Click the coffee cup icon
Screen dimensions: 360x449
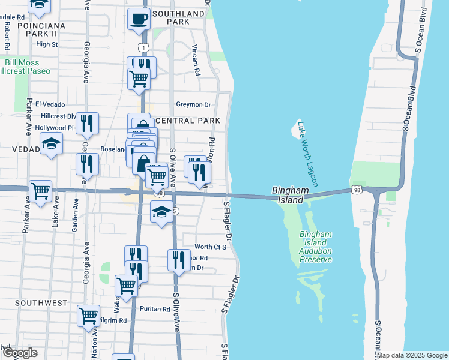(x=139, y=19)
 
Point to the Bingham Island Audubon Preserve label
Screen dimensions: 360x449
(x=315, y=247)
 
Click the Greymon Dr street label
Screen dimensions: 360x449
(x=194, y=104)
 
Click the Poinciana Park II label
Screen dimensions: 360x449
(x=41, y=26)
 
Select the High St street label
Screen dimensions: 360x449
(x=46, y=44)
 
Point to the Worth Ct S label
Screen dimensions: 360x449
(x=210, y=247)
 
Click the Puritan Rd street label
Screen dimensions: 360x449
(x=154, y=309)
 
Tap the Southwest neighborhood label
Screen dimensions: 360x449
(x=41, y=303)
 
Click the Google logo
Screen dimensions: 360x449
(x=19, y=353)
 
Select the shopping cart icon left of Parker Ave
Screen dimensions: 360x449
(x=40, y=192)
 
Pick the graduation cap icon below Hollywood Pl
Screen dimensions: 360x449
(x=52, y=144)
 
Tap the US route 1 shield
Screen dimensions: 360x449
(x=143, y=46)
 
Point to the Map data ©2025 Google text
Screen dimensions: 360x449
(x=412, y=355)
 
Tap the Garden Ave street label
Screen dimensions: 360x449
(x=76, y=212)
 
